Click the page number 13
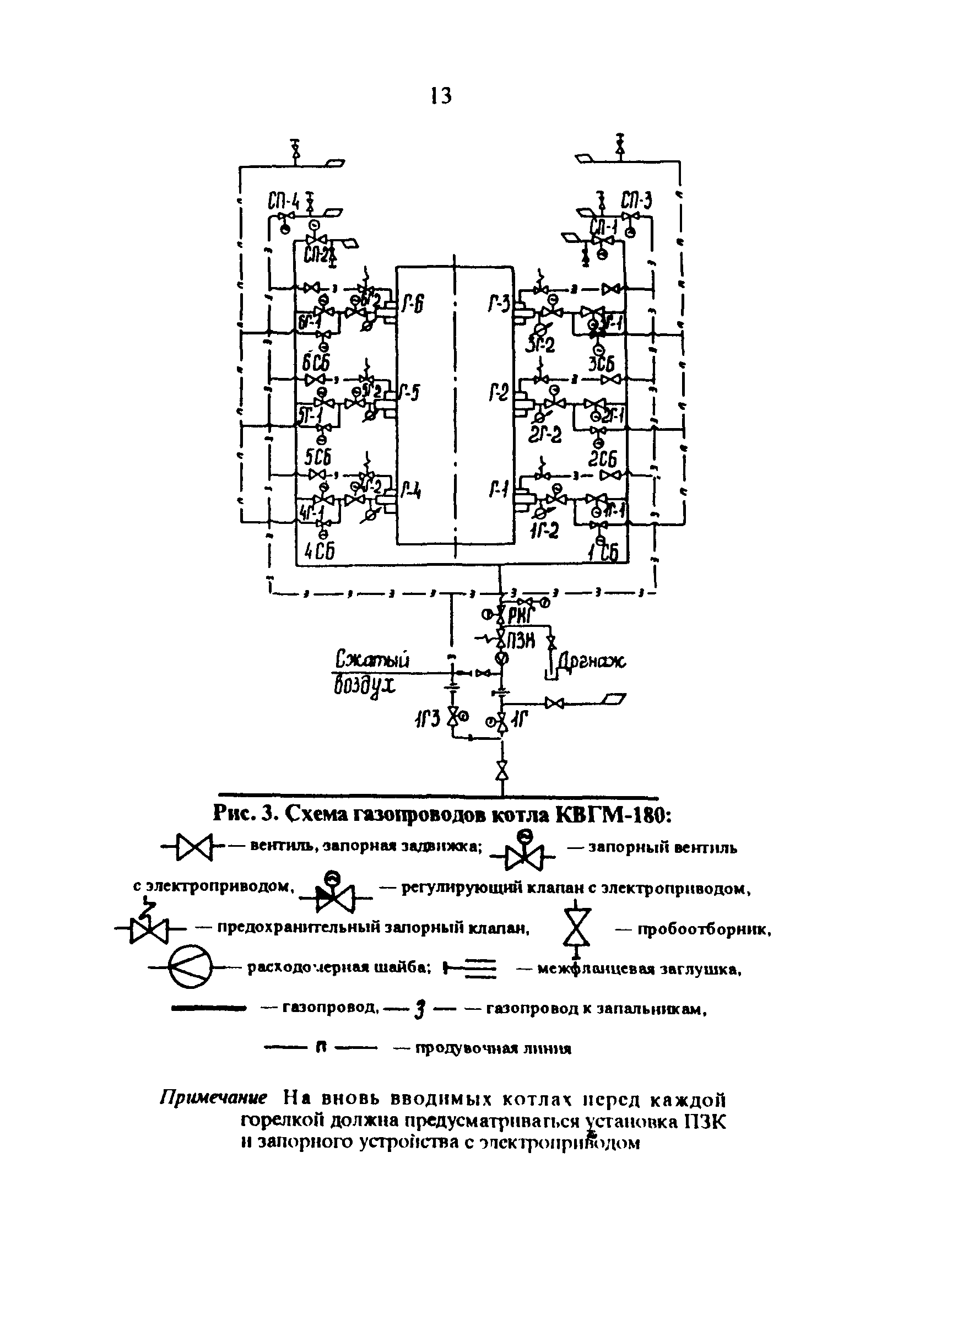click(x=441, y=95)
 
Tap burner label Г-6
click(x=413, y=305)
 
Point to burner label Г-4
click(x=412, y=490)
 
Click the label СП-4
click(x=284, y=202)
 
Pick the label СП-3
click(x=637, y=201)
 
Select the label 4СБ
click(x=320, y=551)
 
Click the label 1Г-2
click(x=544, y=529)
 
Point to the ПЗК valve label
click(x=522, y=640)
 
